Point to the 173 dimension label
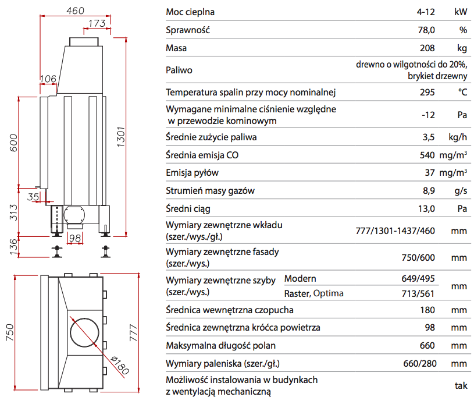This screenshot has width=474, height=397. point(97,23)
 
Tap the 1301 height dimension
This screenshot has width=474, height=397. point(120,137)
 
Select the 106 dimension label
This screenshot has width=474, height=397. point(48,79)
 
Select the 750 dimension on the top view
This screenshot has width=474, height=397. point(10,332)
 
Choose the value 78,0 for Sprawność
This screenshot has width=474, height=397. point(426,30)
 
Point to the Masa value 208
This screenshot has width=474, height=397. point(427,48)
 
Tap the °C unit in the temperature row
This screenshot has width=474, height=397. point(462,92)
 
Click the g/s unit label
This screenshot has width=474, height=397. point(461,190)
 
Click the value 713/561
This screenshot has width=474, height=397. point(419,293)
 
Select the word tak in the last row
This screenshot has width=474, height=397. point(461,385)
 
